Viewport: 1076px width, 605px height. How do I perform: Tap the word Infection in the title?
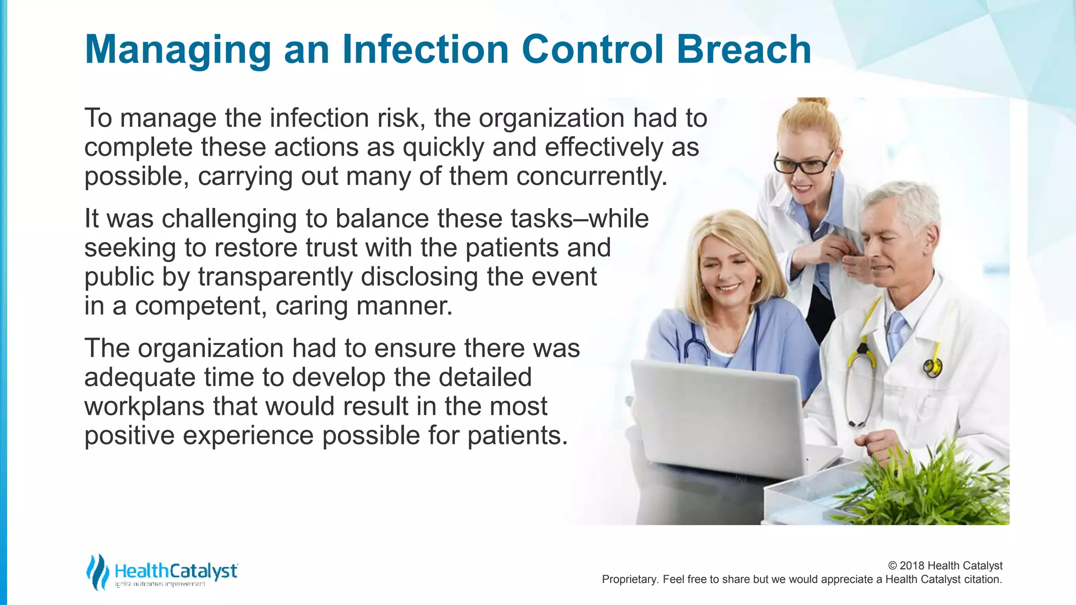click(x=426, y=49)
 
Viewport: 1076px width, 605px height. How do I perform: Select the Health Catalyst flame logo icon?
click(x=98, y=571)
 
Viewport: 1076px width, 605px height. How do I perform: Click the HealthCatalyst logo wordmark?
click(x=176, y=571)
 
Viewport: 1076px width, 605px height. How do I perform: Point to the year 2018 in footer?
click(x=913, y=566)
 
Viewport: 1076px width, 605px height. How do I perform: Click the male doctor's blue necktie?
click(x=896, y=331)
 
